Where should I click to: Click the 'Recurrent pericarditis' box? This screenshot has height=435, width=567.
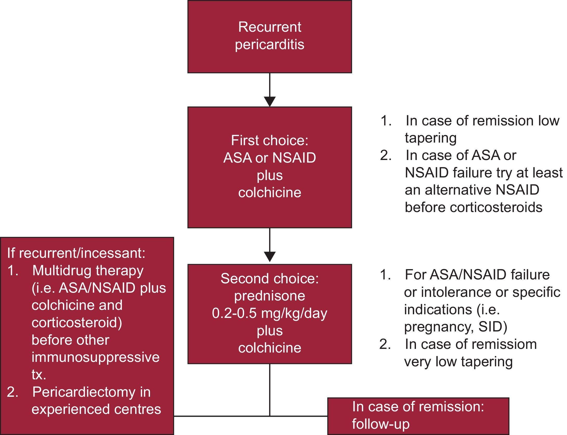(x=270, y=36)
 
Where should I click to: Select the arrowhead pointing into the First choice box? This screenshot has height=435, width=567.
(x=270, y=101)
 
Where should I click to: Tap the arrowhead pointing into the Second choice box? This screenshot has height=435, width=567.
(x=270, y=257)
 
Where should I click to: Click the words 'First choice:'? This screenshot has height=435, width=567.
(x=270, y=140)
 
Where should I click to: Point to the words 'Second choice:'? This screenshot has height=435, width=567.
(x=270, y=279)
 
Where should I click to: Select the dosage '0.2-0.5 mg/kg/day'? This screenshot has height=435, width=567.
(x=270, y=313)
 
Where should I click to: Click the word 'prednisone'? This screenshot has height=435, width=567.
(x=270, y=296)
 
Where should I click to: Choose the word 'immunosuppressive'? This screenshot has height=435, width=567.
(x=95, y=357)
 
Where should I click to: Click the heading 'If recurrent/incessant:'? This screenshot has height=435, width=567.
(x=76, y=253)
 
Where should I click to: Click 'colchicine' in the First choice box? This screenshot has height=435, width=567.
(x=270, y=193)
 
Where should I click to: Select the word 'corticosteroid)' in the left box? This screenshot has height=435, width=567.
(x=77, y=323)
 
